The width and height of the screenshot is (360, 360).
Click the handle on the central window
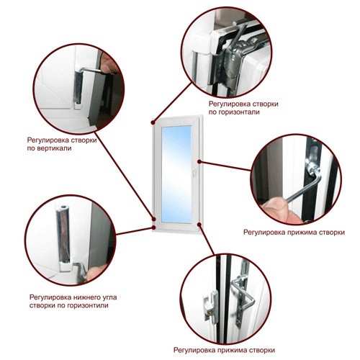[x=194, y=171]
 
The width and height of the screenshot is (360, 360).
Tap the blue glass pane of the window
[x=176, y=174]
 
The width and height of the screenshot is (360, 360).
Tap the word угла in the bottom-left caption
[x=109, y=297]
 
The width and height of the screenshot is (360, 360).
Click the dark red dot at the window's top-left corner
[x=153, y=122]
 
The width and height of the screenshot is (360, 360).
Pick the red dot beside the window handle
[x=199, y=162]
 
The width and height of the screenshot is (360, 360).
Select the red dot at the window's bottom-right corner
[x=199, y=225]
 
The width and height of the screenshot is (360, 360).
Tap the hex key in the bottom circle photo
[x=243, y=295]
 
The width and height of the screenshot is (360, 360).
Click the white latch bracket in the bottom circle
[x=210, y=305]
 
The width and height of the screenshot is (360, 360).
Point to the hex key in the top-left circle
[x=91, y=70]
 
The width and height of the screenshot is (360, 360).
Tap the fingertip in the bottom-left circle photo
[x=95, y=272]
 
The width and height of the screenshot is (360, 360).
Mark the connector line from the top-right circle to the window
[x=172, y=103]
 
